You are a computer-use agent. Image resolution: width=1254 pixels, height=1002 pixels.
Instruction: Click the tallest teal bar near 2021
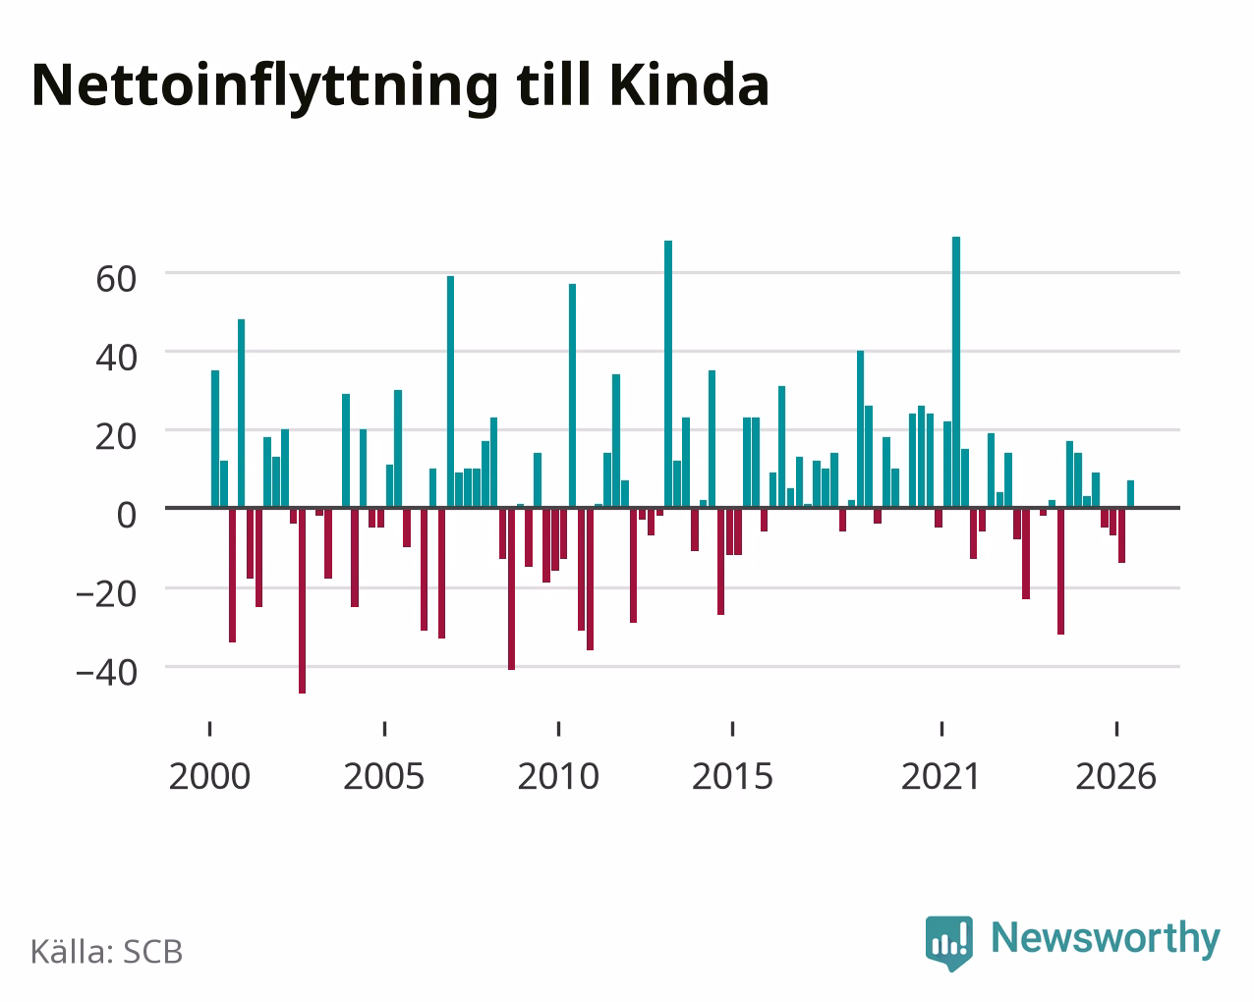click(956, 371)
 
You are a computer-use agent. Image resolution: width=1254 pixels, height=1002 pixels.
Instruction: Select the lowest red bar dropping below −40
click(302, 600)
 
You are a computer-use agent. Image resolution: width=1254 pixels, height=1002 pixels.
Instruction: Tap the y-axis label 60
click(116, 279)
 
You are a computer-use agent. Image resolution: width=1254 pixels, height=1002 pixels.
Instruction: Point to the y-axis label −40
click(107, 673)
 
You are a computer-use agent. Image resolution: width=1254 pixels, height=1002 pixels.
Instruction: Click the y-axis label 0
click(127, 515)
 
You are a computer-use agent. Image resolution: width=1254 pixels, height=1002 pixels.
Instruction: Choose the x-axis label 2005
click(384, 776)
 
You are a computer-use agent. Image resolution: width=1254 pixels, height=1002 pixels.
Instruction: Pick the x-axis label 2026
click(1115, 776)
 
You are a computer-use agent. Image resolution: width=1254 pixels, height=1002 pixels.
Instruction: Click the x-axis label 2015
click(732, 776)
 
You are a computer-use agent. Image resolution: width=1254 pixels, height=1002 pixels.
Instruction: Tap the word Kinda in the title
click(690, 85)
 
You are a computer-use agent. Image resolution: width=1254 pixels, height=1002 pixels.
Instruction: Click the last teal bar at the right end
click(1130, 494)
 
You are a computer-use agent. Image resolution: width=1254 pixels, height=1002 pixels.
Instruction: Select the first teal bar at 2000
click(215, 439)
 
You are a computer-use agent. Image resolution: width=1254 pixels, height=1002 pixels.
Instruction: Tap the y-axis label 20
click(116, 436)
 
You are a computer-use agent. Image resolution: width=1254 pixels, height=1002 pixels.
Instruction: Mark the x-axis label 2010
click(558, 776)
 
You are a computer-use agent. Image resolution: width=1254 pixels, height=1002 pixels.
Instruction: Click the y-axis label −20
click(107, 594)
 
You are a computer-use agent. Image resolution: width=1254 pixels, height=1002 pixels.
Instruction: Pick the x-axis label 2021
click(941, 776)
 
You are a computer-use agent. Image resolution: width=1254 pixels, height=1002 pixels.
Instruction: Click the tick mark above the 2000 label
click(209, 729)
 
